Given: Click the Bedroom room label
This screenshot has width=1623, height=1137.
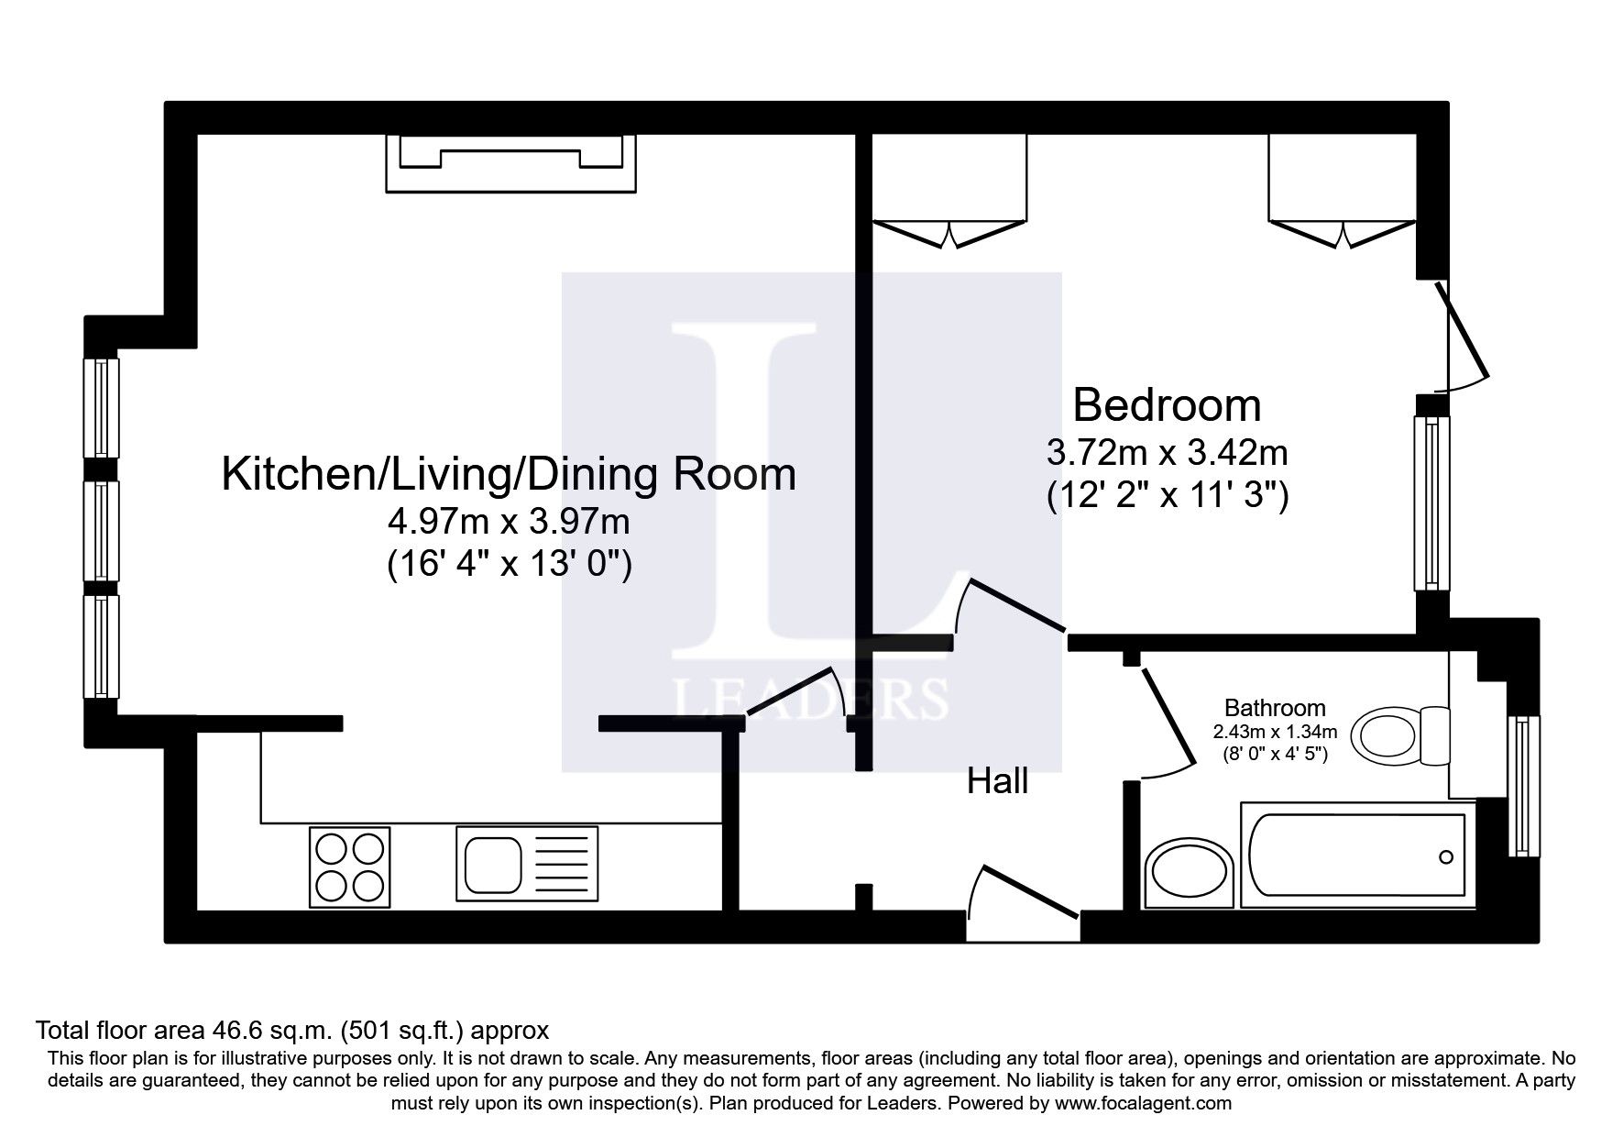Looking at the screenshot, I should [1167, 404].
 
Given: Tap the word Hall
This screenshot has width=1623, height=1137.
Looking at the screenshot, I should [998, 781].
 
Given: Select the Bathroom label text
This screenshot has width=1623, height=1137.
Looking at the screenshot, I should [1275, 708].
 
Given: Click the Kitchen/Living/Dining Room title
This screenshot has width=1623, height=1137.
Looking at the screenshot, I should [509, 474].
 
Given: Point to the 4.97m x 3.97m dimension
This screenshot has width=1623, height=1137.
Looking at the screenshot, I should [509, 522].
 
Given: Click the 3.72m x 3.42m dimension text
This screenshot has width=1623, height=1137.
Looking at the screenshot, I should [1167, 452].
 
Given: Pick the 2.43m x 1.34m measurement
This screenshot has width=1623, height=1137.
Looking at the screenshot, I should [1275, 732].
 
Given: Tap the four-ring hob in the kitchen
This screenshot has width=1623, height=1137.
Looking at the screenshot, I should [349, 867].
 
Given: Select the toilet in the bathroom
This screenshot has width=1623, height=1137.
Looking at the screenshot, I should [1402, 736].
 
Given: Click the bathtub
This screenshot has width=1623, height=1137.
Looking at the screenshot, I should [1356, 856].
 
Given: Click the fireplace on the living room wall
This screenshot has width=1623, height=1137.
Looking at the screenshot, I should [510, 162].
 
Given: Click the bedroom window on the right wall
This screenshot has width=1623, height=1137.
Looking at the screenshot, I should [1432, 502].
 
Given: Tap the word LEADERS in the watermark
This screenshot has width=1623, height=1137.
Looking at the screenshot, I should [811, 699].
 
